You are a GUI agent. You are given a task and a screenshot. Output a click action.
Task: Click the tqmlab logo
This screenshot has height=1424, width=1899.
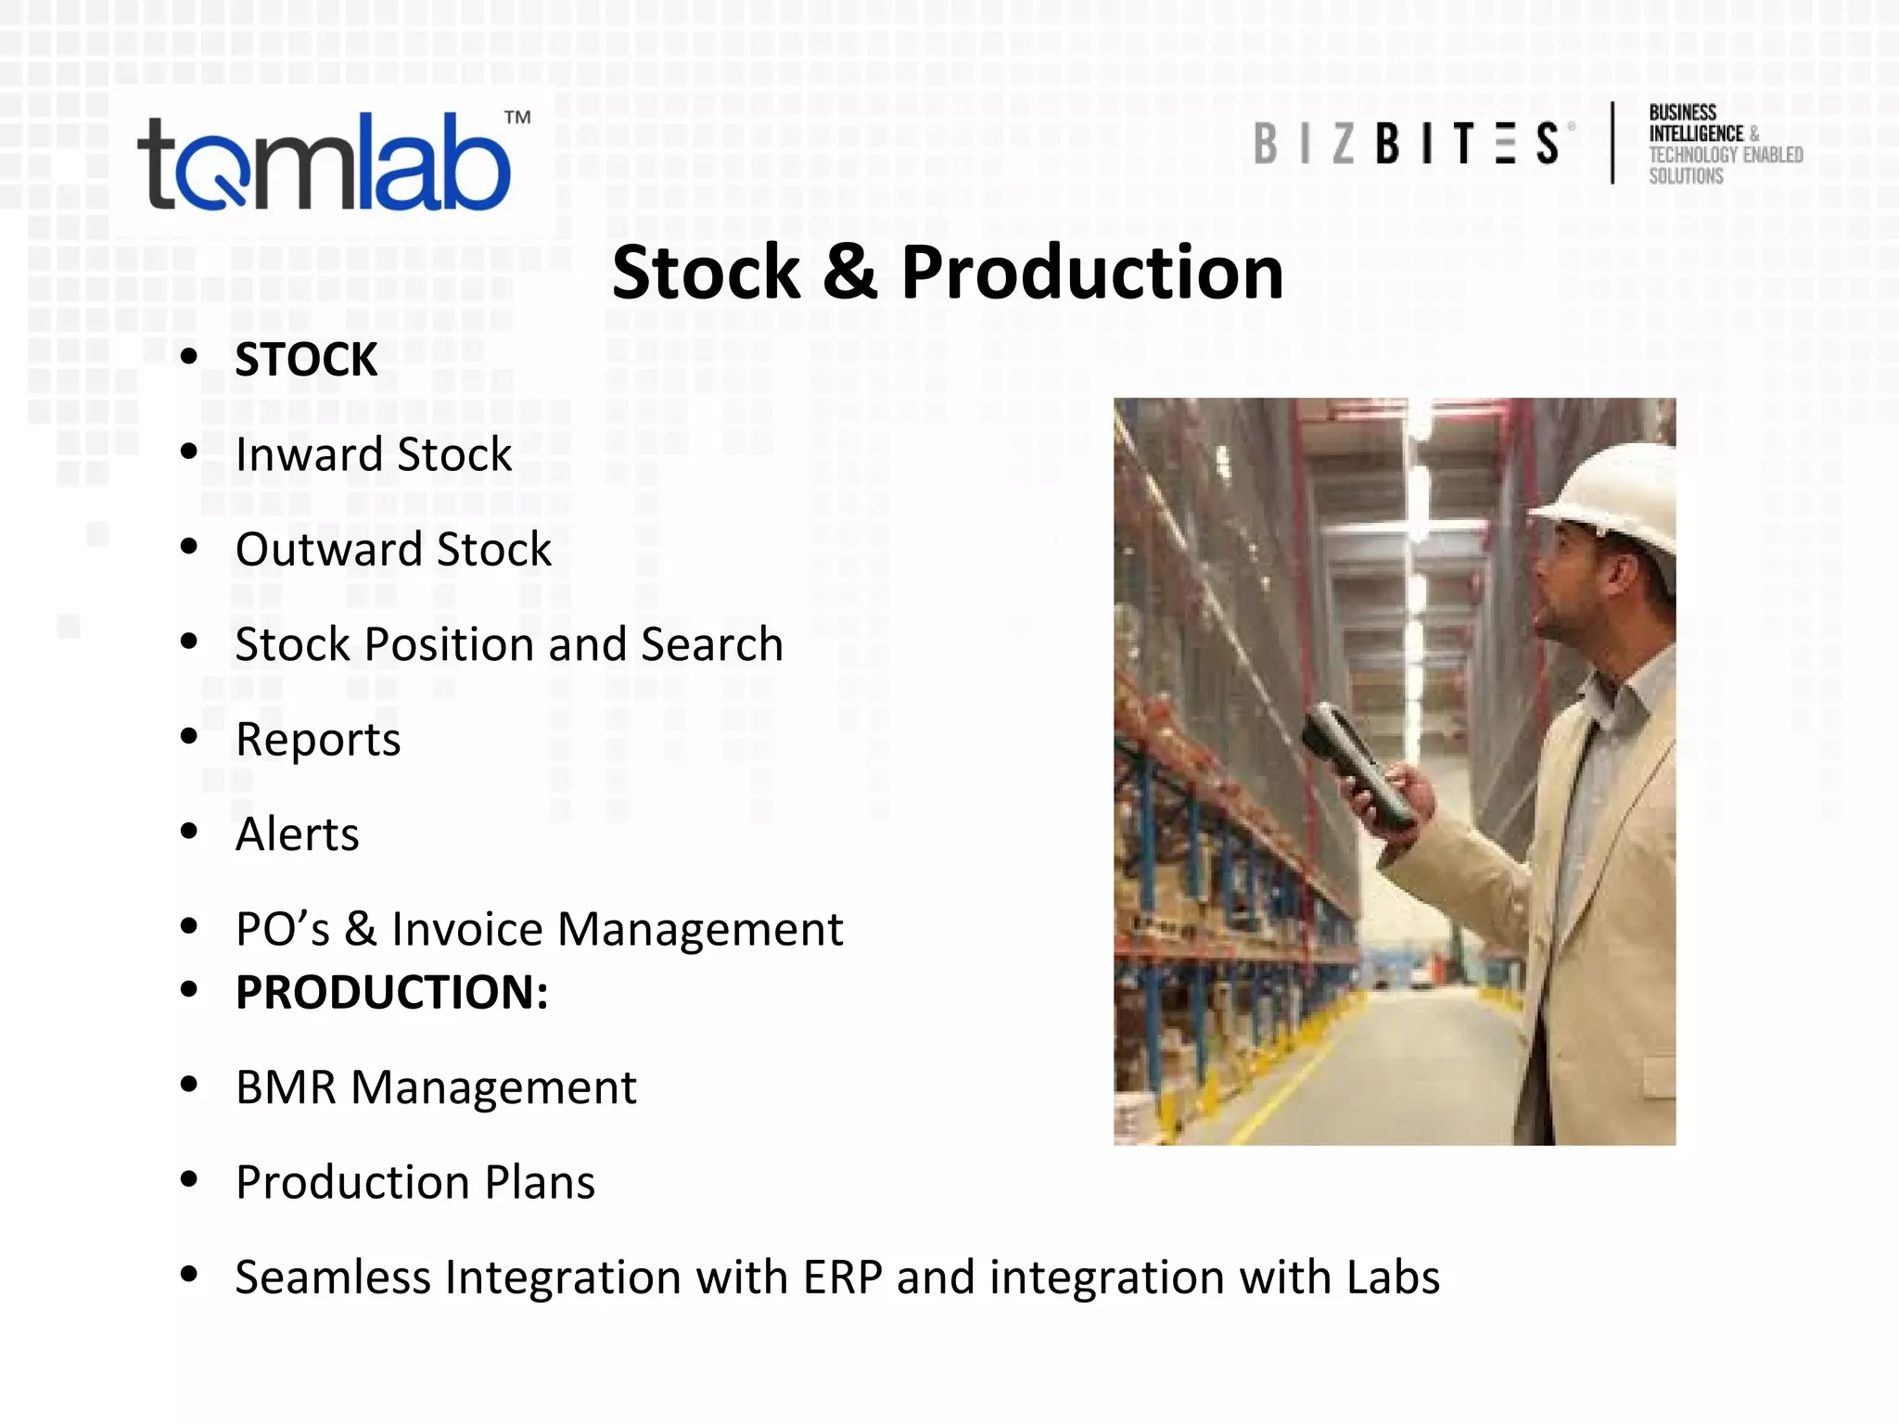pos(325,162)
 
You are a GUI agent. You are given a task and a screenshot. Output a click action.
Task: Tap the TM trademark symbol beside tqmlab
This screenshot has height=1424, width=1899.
pos(517,118)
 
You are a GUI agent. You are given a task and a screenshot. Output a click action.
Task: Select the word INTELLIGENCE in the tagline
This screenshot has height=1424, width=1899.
pos(1695,133)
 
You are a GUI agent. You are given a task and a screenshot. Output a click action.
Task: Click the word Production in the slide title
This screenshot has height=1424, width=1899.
pos(1091,273)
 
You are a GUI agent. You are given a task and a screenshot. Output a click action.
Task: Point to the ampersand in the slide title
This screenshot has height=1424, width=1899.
pos(849,273)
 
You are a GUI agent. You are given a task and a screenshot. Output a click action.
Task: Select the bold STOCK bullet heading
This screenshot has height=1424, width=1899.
pos(306,360)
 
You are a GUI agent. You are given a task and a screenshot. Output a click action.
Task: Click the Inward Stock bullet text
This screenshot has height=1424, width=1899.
pos(373,454)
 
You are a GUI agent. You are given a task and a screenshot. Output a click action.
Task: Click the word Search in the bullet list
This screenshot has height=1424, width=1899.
pos(712,644)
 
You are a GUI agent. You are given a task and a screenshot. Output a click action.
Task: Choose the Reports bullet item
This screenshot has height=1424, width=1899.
pos(318,740)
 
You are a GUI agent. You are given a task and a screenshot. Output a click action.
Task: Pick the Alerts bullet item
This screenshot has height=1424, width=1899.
pos(297,834)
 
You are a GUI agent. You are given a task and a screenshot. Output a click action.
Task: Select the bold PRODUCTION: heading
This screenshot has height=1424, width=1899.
pos(391,992)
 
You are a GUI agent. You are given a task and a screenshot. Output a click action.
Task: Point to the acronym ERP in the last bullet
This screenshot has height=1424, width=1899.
pos(842,1278)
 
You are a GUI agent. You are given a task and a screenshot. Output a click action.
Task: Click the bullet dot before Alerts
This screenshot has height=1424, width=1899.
pos(189,831)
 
